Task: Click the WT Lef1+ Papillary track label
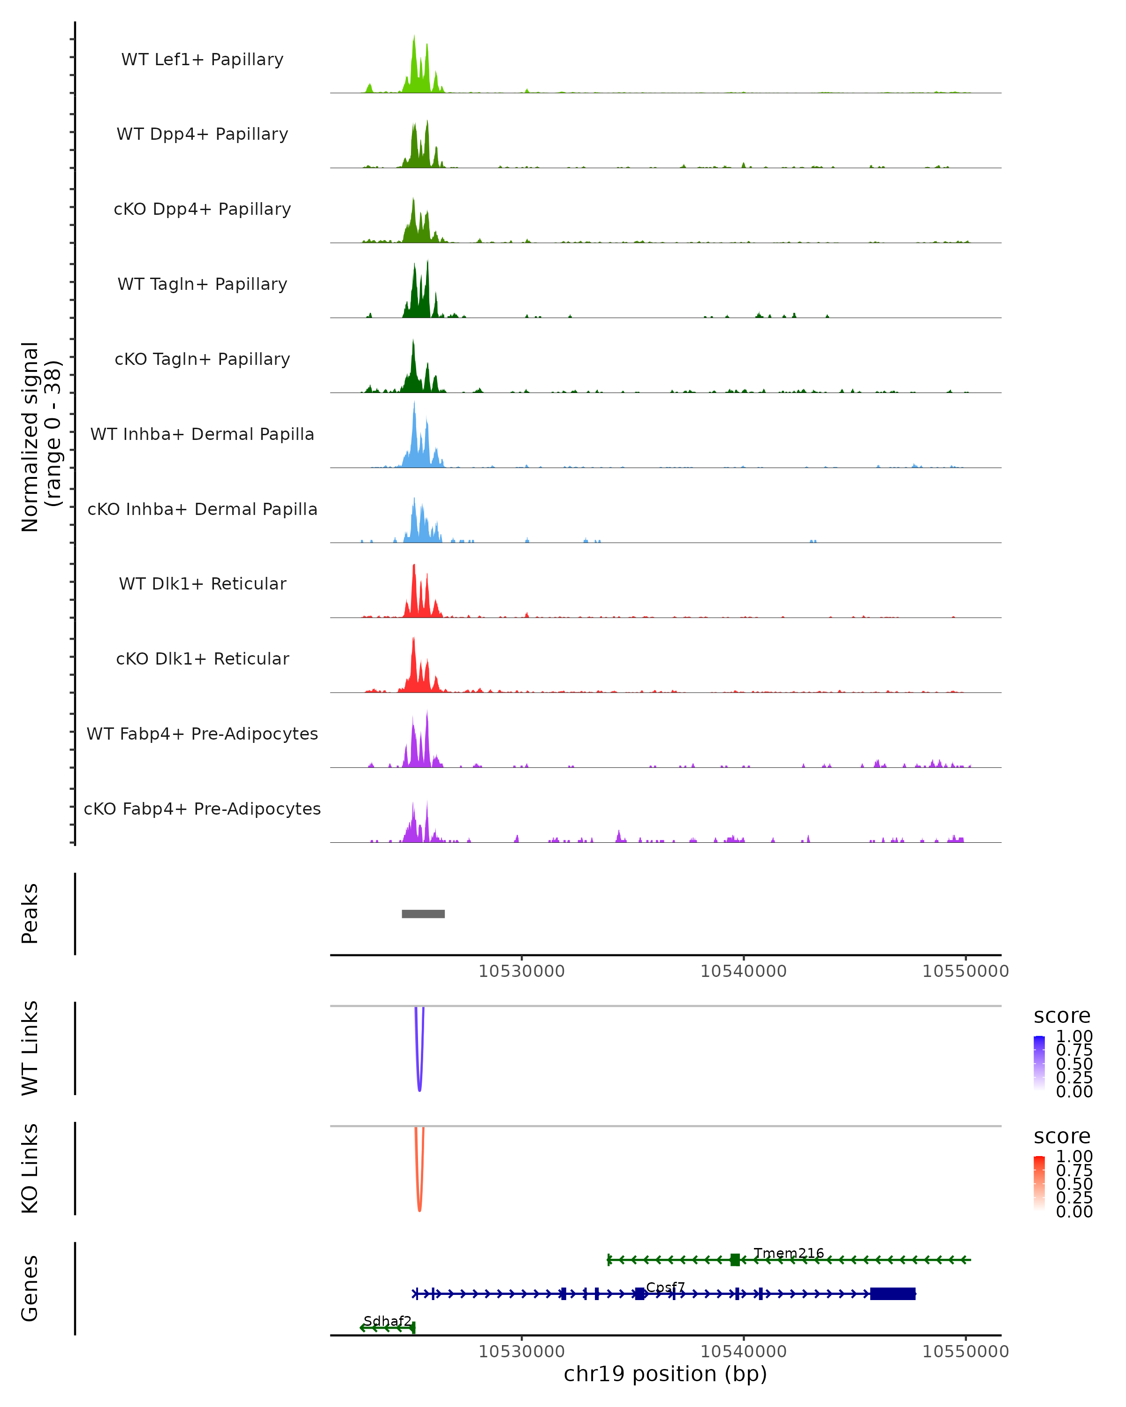coord(202,60)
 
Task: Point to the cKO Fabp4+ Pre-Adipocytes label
coord(202,809)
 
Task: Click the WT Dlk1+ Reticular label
coord(202,583)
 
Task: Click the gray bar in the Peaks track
coord(423,914)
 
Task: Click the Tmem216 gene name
coord(789,1253)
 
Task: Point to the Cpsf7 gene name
coord(665,1287)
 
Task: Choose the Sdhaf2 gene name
coord(388,1321)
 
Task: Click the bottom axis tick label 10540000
coord(744,1351)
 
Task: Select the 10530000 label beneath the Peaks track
coord(522,971)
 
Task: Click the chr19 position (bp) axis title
coord(665,1374)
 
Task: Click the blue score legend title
coord(1061,1015)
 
